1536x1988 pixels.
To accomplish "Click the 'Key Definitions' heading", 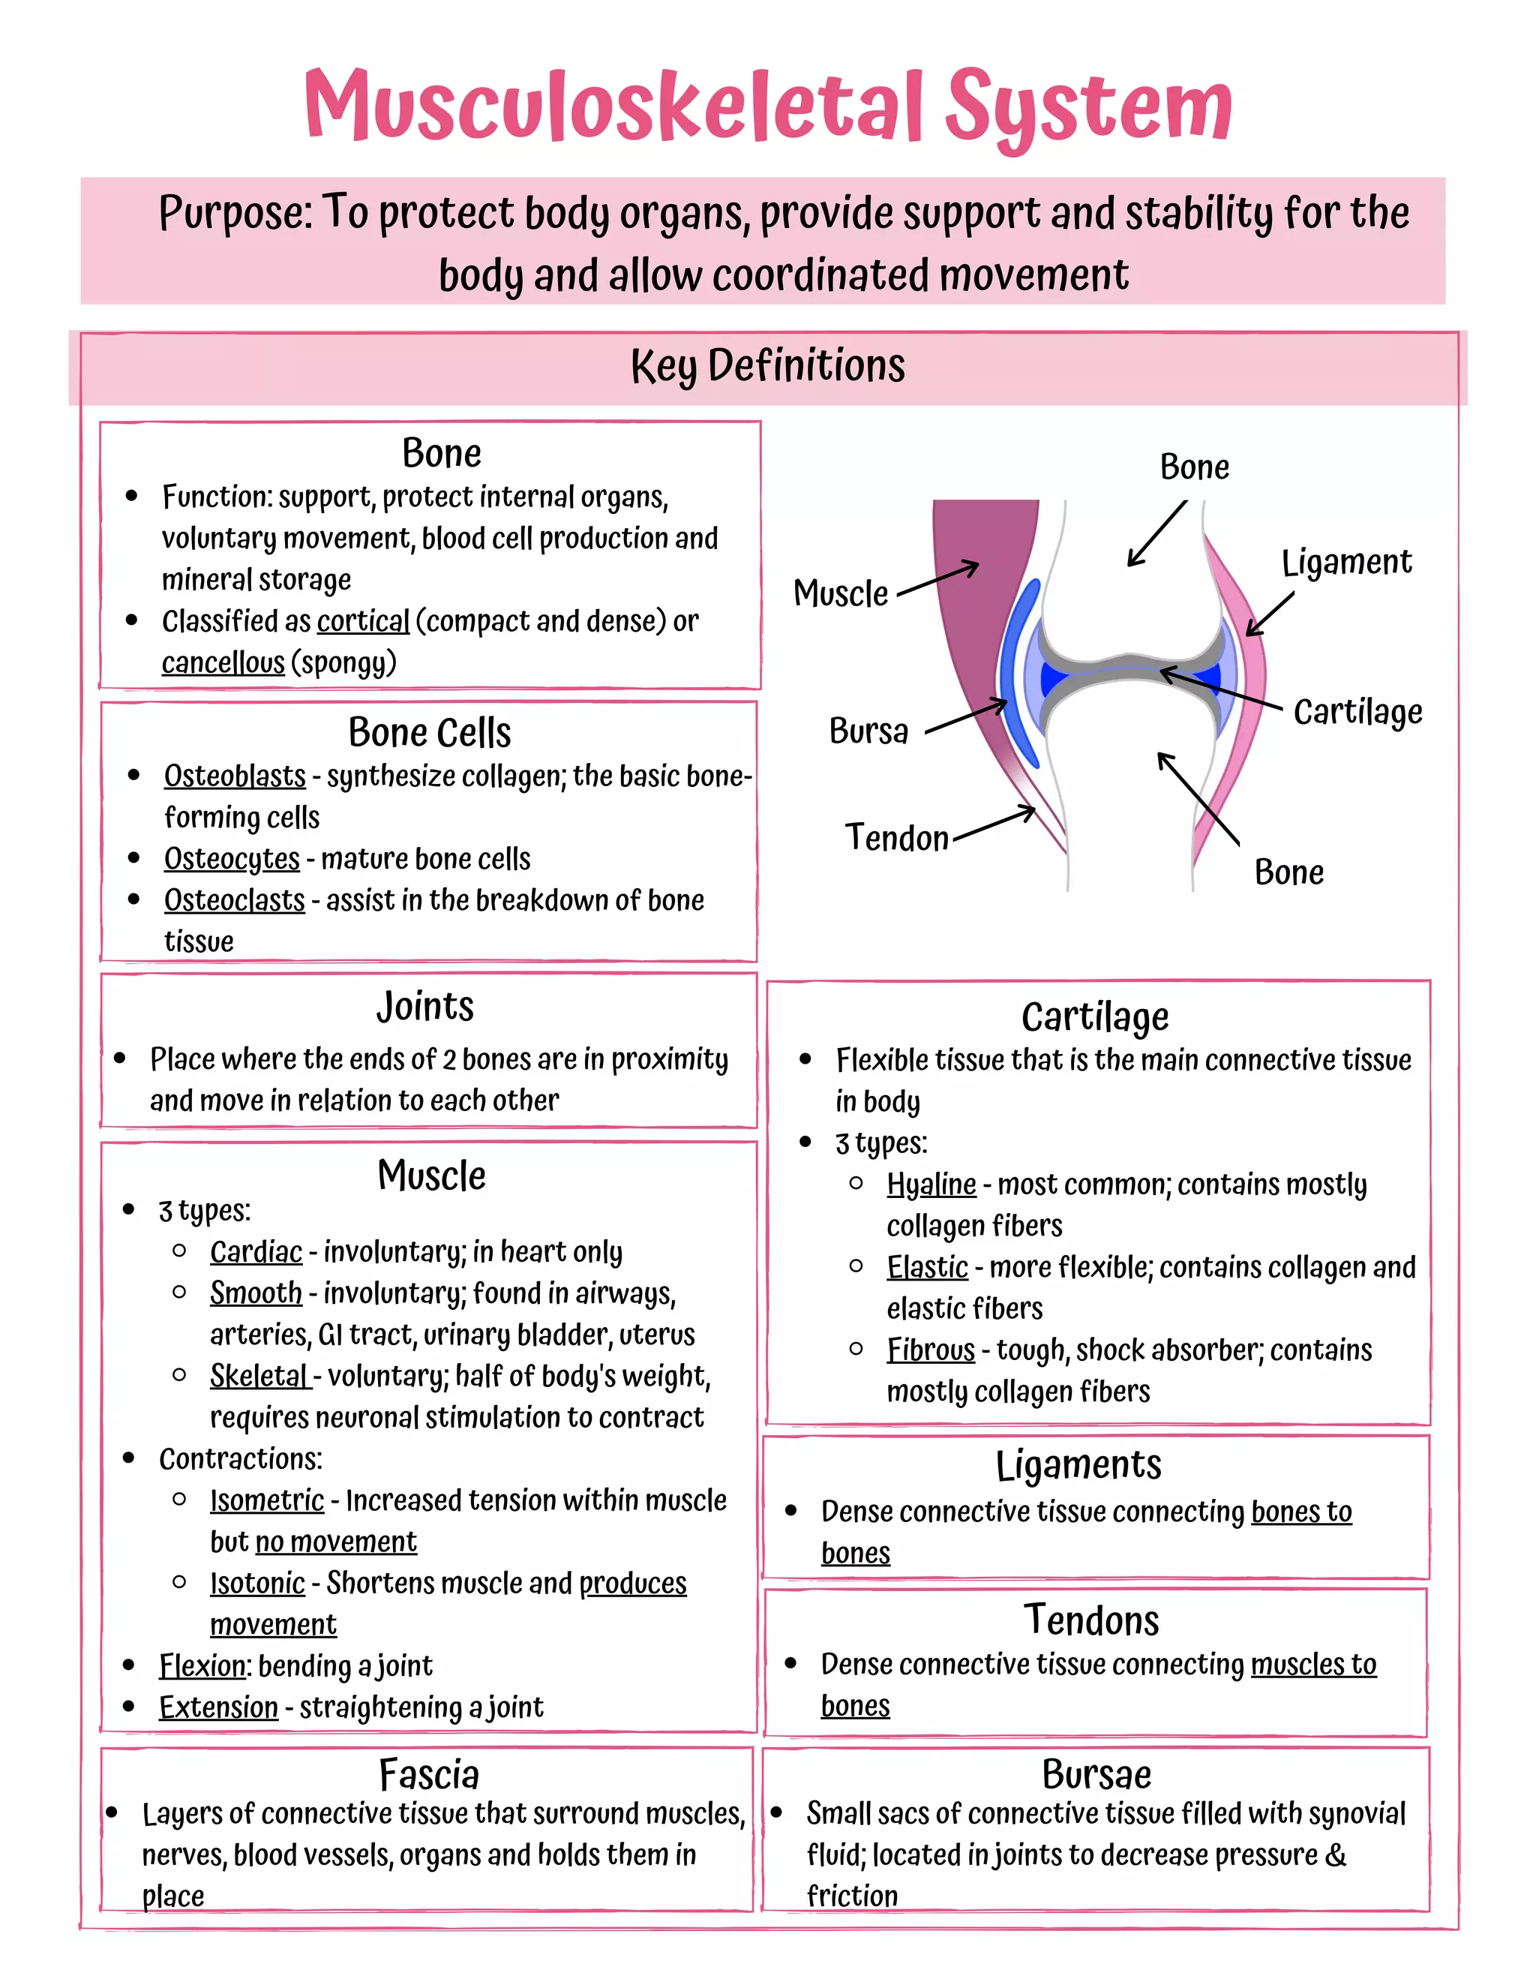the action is click(767, 366).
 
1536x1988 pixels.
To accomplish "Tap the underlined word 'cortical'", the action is click(363, 622).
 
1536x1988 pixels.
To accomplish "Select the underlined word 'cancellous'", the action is click(223, 662).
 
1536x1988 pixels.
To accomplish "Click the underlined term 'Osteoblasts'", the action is click(235, 776).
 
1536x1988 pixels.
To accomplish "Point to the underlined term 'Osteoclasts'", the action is click(234, 900).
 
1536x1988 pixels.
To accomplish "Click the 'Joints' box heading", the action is click(425, 1007).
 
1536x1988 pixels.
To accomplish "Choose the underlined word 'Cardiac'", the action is click(256, 1253).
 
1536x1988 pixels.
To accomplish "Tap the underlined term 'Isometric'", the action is click(266, 1501).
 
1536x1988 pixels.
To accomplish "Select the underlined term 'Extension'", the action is click(218, 1707).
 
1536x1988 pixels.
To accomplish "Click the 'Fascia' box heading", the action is click(428, 1775).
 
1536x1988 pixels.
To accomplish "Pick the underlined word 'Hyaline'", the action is click(931, 1185).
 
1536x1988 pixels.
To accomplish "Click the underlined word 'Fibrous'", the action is click(930, 1351).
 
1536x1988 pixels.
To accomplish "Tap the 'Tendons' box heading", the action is click(1091, 1621).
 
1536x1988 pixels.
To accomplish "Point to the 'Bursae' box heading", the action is click(1096, 1775).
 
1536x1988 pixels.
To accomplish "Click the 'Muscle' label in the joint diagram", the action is click(840, 593).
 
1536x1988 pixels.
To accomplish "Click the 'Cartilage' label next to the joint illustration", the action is click(1357, 712).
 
